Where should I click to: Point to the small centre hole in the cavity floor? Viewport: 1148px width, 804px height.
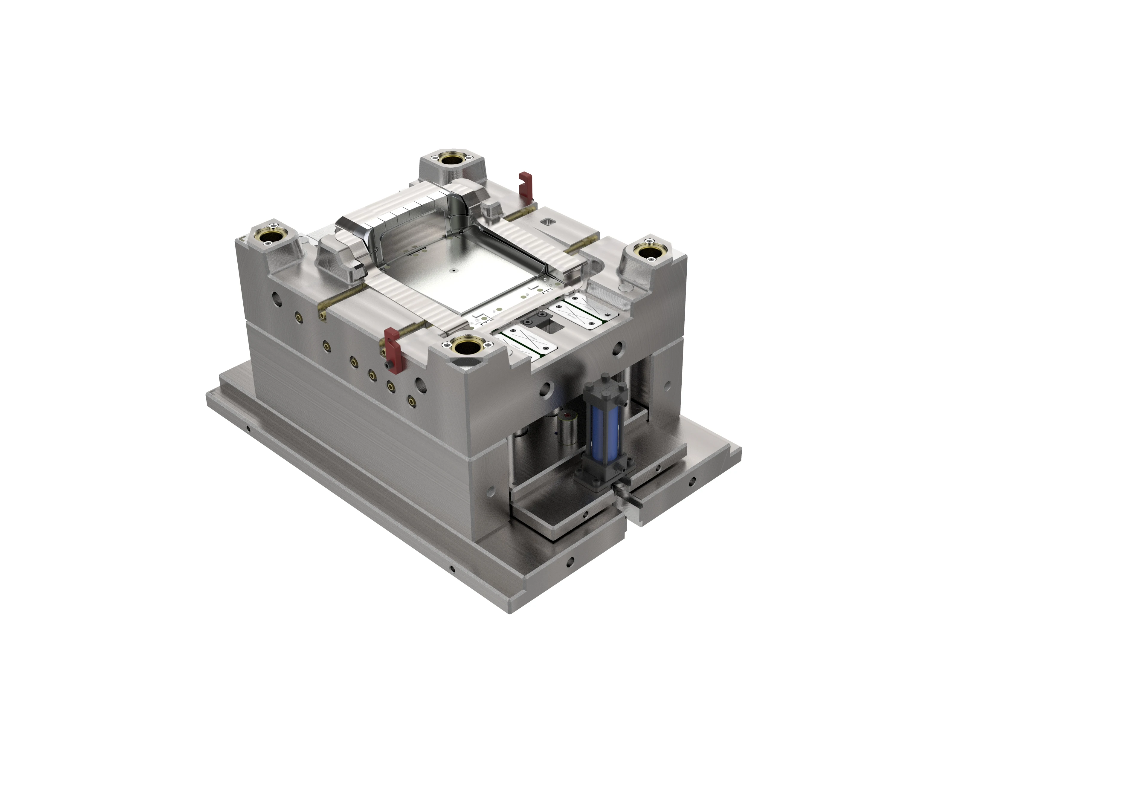click(x=453, y=270)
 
